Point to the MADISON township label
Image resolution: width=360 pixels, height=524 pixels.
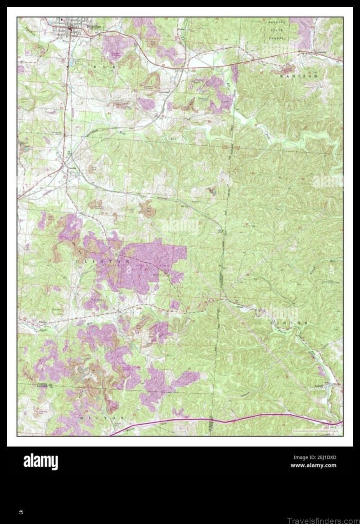coord(299,76)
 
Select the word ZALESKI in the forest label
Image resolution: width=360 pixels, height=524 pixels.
coord(273,21)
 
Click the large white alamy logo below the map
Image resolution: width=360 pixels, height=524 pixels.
coord(40,461)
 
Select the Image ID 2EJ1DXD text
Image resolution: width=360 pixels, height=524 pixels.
coord(315,457)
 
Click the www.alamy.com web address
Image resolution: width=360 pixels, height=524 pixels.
coord(313,465)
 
